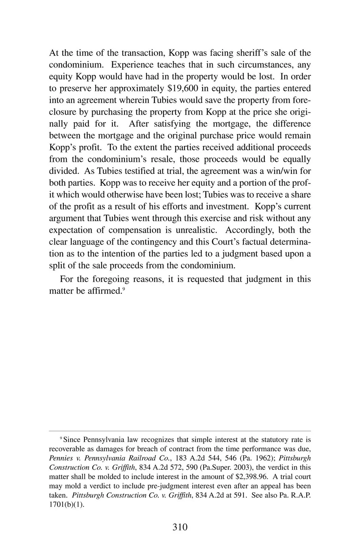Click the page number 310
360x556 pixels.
180,527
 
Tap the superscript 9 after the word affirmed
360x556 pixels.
123,289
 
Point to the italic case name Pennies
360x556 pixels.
61,458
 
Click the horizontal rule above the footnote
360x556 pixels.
180,431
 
